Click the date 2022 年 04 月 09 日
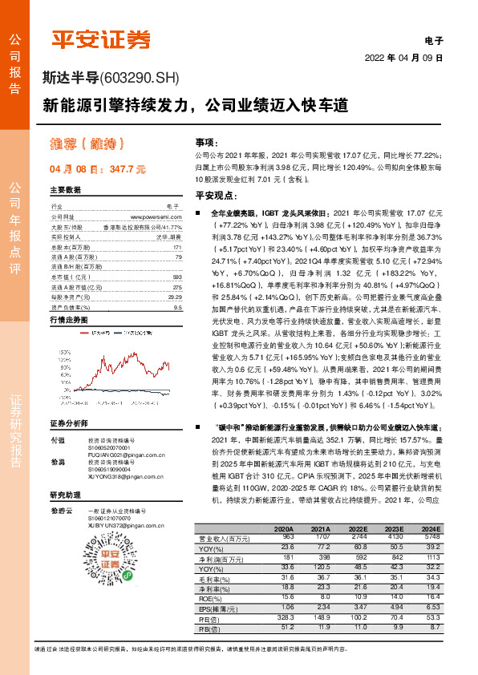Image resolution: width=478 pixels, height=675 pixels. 403,59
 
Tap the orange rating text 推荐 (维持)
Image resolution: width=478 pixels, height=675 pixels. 89,145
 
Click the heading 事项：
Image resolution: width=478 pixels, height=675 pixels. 206,141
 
